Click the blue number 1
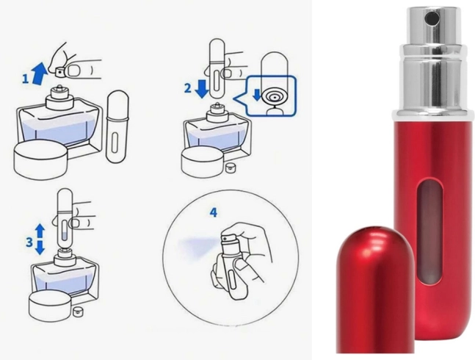pos(26,79)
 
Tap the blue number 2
pos(188,88)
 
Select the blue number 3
pos(29,242)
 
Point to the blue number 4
pos(214,213)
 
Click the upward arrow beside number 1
pos(39,71)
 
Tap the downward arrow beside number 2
pos(201,88)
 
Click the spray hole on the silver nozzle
pos(428,19)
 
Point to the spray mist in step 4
pos(197,247)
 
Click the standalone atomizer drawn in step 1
pos(117,127)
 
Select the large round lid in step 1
pos(40,159)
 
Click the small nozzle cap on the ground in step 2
pos(231,168)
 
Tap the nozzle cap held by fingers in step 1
pos(61,71)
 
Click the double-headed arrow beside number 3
pos(40,239)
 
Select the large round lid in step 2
pos(203,162)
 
